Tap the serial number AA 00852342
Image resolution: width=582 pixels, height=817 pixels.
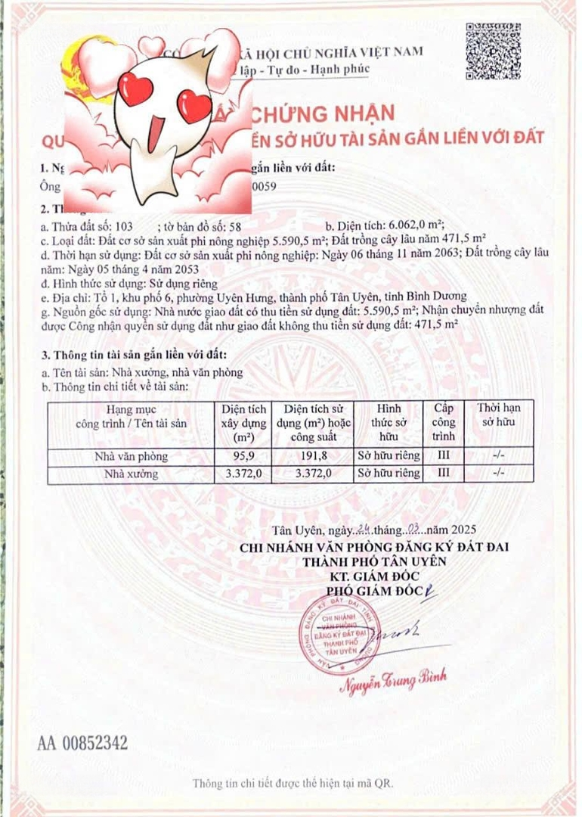point(82,742)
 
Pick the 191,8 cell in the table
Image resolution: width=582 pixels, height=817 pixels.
point(314,456)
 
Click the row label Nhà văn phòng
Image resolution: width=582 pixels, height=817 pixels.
point(132,456)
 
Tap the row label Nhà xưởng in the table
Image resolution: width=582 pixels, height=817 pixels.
point(132,474)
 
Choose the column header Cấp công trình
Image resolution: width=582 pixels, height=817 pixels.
point(444,422)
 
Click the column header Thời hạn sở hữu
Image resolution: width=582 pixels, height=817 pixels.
point(498,415)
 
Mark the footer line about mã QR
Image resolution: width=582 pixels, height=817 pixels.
point(292,782)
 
